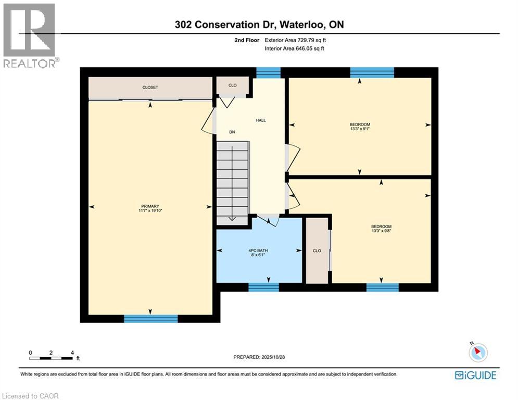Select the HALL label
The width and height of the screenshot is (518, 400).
(261, 120)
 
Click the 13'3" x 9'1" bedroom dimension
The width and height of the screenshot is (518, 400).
(360, 129)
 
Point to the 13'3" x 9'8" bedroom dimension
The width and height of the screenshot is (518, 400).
(381, 231)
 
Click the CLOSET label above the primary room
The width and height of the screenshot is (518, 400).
(150, 87)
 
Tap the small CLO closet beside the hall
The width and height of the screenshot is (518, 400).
(233, 85)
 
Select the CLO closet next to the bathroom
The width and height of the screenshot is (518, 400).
(317, 251)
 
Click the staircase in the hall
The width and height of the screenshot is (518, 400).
(233, 182)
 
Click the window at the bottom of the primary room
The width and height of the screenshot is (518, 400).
(150, 318)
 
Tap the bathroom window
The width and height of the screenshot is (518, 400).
(263, 286)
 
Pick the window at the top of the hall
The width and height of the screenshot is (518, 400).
(269, 72)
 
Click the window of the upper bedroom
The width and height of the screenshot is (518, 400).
(372, 72)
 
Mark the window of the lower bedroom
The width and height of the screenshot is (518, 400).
(383, 287)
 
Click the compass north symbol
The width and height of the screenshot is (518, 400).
(477, 353)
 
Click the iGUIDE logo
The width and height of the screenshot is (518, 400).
(475, 375)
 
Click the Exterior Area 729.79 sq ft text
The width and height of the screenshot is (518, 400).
(295, 40)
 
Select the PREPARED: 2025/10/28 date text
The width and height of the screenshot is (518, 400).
(259, 357)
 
